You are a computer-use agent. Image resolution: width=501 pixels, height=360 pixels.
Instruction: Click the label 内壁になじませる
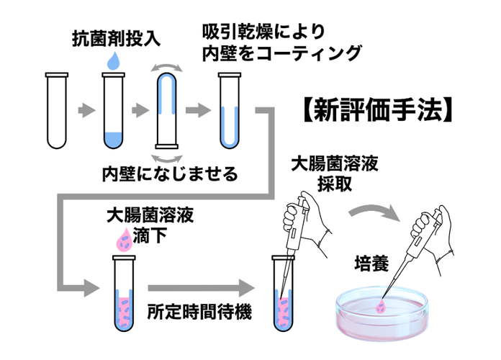(170, 175)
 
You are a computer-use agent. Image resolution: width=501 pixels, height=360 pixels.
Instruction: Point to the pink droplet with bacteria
(120, 240)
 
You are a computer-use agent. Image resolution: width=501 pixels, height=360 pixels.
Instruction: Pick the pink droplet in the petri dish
(382, 307)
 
